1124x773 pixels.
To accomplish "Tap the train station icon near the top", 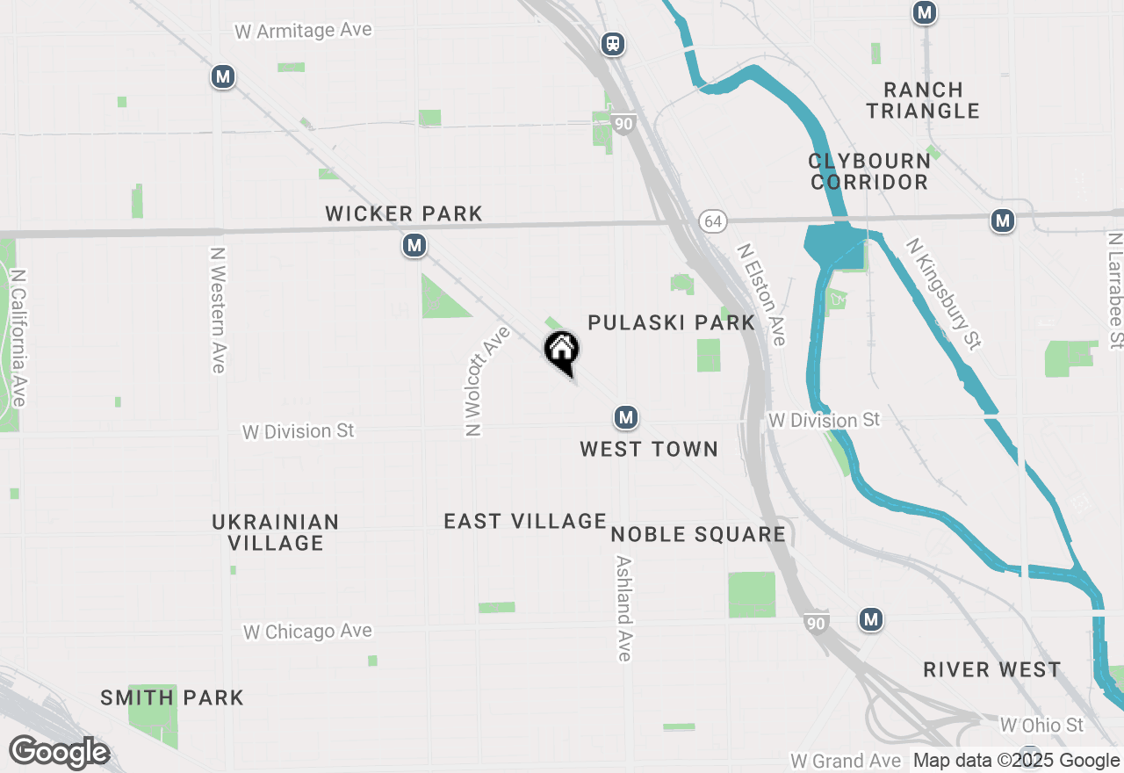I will [613, 44].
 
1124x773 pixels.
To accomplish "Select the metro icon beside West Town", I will [625, 417].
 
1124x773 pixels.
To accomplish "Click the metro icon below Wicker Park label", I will [414, 246].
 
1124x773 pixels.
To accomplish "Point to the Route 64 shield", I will [712, 221].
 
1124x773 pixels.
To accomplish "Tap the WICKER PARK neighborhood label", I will [404, 213].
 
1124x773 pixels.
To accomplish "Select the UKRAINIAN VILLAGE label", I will [276, 532].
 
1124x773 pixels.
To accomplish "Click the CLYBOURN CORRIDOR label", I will [869, 171].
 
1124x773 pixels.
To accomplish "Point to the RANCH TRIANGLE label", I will [923, 100].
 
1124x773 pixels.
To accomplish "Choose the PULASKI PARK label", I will [672, 322].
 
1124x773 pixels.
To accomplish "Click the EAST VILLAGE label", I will [525, 521].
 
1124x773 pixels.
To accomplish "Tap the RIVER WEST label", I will [991, 670].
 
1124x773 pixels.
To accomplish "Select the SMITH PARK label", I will [172, 698].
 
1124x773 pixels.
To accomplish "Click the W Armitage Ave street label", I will [304, 31].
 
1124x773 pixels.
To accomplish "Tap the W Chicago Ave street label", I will [307, 632].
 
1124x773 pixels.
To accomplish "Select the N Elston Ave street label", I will [761, 294].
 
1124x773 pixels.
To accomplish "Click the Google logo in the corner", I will [59, 753].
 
